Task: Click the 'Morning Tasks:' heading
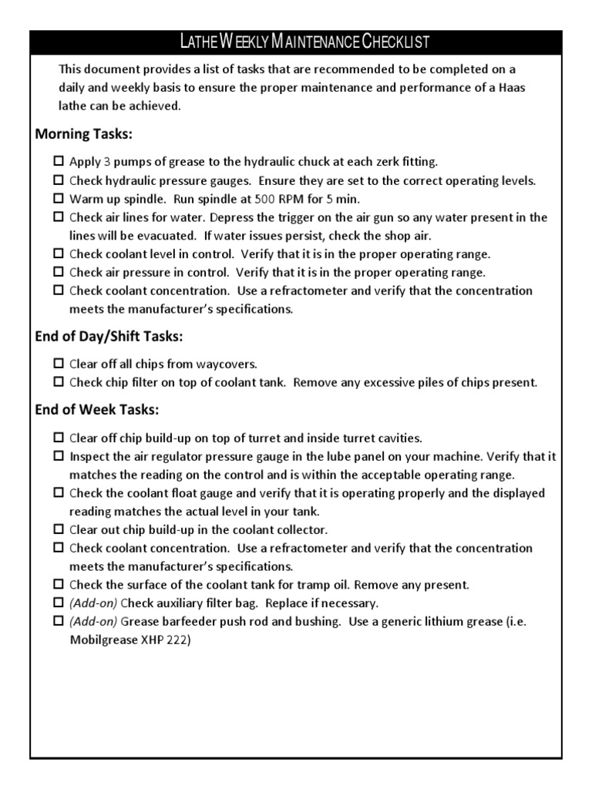click(x=84, y=135)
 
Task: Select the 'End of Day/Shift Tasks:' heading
click(x=109, y=337)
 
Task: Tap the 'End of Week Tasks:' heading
click(x=97, y=409)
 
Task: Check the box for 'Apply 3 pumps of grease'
click(x=59, y=163)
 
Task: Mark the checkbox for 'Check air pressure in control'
click(x=59, y=273)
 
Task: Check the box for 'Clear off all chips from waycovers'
click(x=59, y=364)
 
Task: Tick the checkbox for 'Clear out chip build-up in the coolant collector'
click(x=59, y=530)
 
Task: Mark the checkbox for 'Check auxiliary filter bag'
click(x=59, y=603)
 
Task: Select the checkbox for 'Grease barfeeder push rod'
click(x=59, y=621)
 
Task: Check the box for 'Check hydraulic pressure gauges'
click(x=59, y=181)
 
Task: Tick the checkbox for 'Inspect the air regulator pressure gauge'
click(x=59, y=456)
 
